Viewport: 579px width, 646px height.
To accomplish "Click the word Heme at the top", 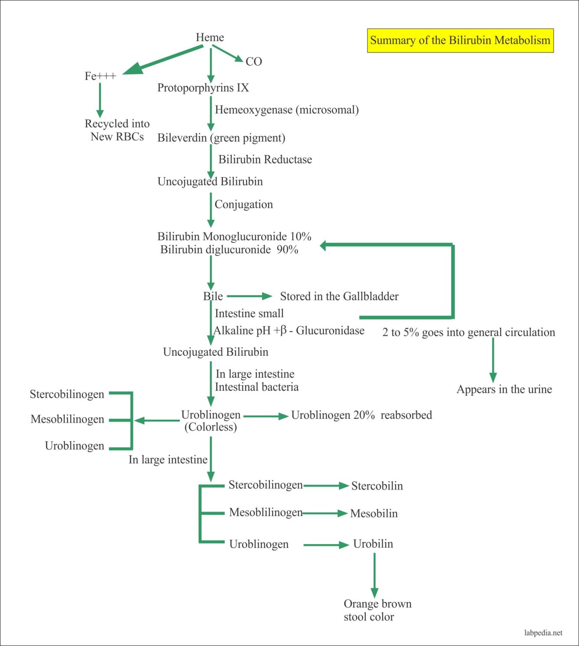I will click(210, 37).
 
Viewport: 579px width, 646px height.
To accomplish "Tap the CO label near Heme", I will click(254, 62).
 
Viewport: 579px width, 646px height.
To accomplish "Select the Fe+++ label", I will click(100, 76).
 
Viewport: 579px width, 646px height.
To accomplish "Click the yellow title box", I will click(460, 40).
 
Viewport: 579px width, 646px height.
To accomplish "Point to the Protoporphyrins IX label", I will click(203, 88).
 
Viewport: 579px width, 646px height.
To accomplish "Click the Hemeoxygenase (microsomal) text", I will click(287, 110).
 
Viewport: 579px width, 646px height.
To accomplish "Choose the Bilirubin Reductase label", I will click(265, 159).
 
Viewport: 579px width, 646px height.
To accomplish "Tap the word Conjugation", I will click(244, 204).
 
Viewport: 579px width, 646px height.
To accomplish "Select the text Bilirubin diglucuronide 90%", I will click(229, 250).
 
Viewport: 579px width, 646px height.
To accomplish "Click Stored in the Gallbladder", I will click(339, 297).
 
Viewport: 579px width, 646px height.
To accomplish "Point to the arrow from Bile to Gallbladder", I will click(250, 297).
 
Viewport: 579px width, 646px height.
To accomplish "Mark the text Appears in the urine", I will click(504, 389).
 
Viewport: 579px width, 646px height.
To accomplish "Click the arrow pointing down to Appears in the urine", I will click(493, 360).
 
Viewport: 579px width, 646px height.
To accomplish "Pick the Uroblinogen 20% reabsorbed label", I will click(361, 415).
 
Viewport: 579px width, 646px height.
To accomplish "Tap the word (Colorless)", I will click(210, 427).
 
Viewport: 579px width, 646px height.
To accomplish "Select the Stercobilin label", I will click(377, 486).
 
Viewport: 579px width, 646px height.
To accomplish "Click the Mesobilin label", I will click(374, 514).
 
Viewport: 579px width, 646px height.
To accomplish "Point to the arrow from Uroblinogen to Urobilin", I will click(326, 545).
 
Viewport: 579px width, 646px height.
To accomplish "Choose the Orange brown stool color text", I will click(377, 610).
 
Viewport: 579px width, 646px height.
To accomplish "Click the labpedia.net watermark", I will click(543, 633).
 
